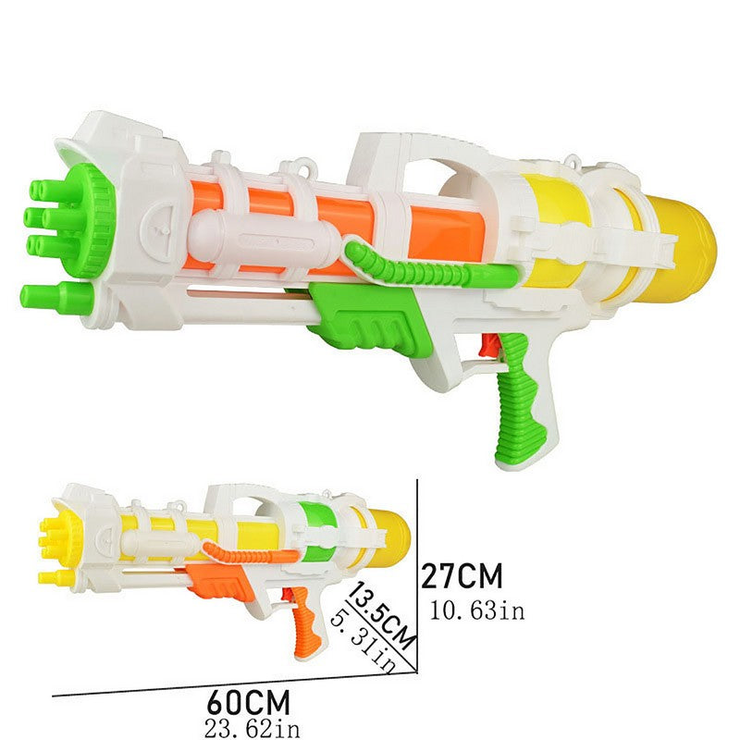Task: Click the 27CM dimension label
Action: [x=462, y=575]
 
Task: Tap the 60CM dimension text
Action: [x=248, y=702]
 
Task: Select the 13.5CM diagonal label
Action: [x=381, y=616]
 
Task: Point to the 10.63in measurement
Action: [x=477, y=610]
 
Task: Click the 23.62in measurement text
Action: [x=253, y=729]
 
